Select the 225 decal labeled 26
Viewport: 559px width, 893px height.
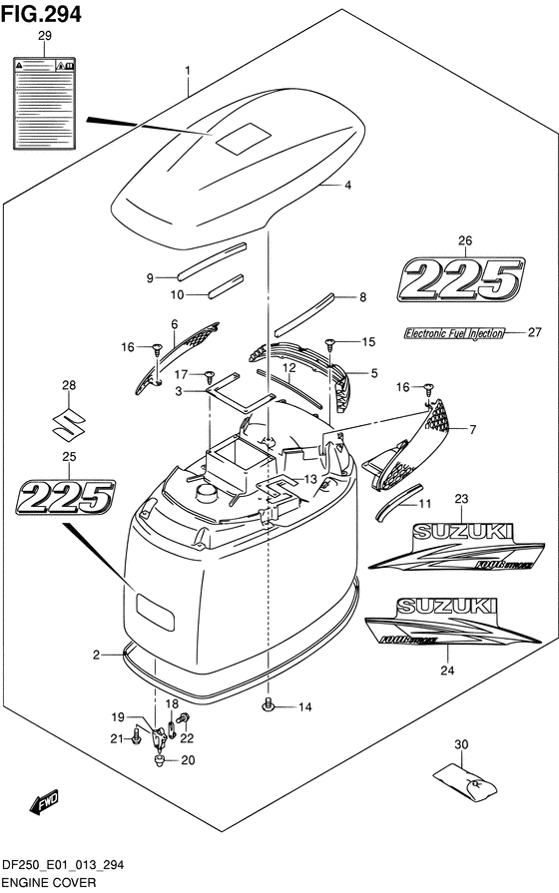coord(462,279)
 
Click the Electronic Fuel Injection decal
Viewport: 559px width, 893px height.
coord(461,333)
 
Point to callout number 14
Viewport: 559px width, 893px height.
coord(304,707)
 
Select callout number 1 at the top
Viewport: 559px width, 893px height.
coord(187,69)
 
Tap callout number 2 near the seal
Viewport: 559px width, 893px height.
coord(97,655)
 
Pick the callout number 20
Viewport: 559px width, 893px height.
coord(188,760)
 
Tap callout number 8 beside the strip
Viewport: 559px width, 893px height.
coord(362,296)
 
